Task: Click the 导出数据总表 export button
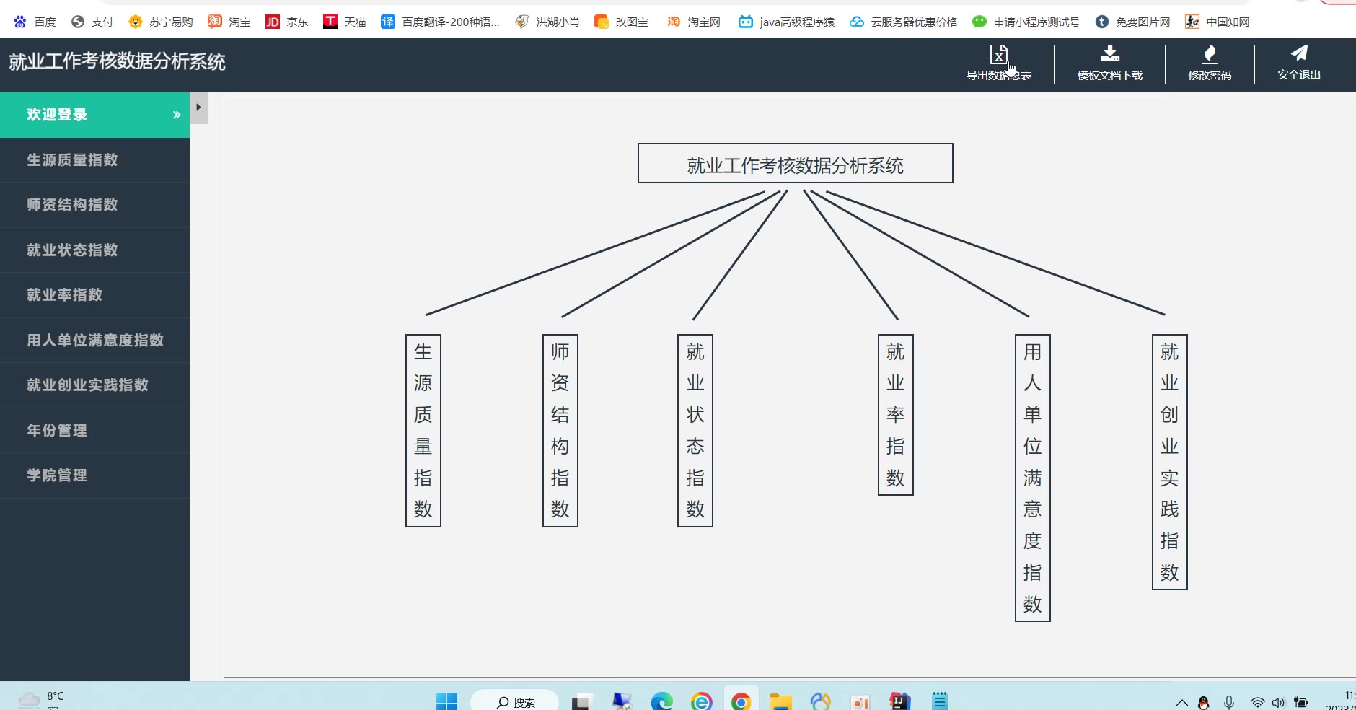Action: click(x=999, y=63)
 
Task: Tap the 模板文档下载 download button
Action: click(x=1109, y=63)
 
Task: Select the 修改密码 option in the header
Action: click(x=1210, y=63)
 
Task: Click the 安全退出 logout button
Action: click(x=1299, y=63)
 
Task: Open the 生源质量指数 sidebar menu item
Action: click(x=72, y=159)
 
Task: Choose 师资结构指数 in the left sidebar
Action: click(x=72, y=205)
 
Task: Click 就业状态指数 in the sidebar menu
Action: click(x=72, y=250)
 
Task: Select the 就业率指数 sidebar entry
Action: click(x=65, y=295)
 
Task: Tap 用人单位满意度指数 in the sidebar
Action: click(x=95, y=340)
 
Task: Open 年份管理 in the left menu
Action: click(x=57, y=430)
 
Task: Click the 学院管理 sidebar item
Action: click(x=57, y=475)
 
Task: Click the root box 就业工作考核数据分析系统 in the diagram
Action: click(x=795, y=164)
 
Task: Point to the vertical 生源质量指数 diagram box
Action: click(x=423, y=431)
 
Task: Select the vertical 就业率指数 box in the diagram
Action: click(x=896, y=415)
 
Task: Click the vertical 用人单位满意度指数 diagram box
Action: click(x=1033, y=478)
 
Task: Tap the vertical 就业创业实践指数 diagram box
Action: click(x=1170, y=462)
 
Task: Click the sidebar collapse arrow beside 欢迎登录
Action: click(x=199, y=108)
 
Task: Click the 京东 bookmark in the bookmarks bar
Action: click(x=287, y=22)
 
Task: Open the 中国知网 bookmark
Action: click(x=1218, y=22)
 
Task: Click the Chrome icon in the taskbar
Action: click(x=741, y=701)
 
